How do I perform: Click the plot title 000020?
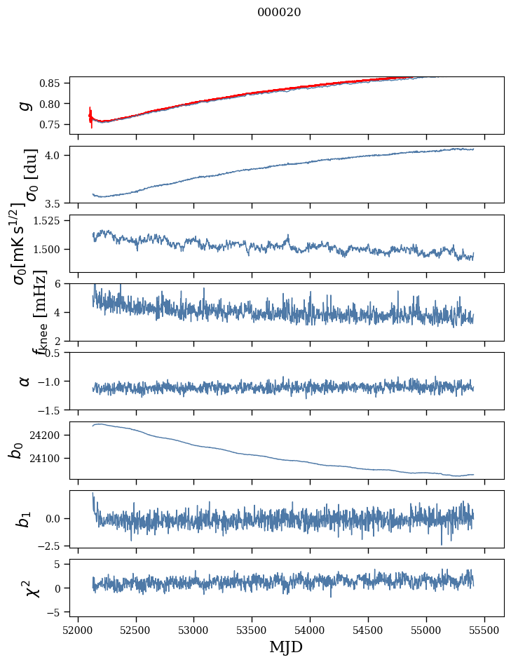click(x=279, y=12)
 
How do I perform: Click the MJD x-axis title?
click(x=286, y=647)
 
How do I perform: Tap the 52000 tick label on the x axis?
click(x=78, y=630)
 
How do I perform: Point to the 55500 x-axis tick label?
click(x=484, y=630)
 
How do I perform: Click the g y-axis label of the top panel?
click(x=25, y=105)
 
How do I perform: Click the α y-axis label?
click(x=25, y=381)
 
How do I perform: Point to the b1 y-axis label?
click(x=25, y=519)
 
